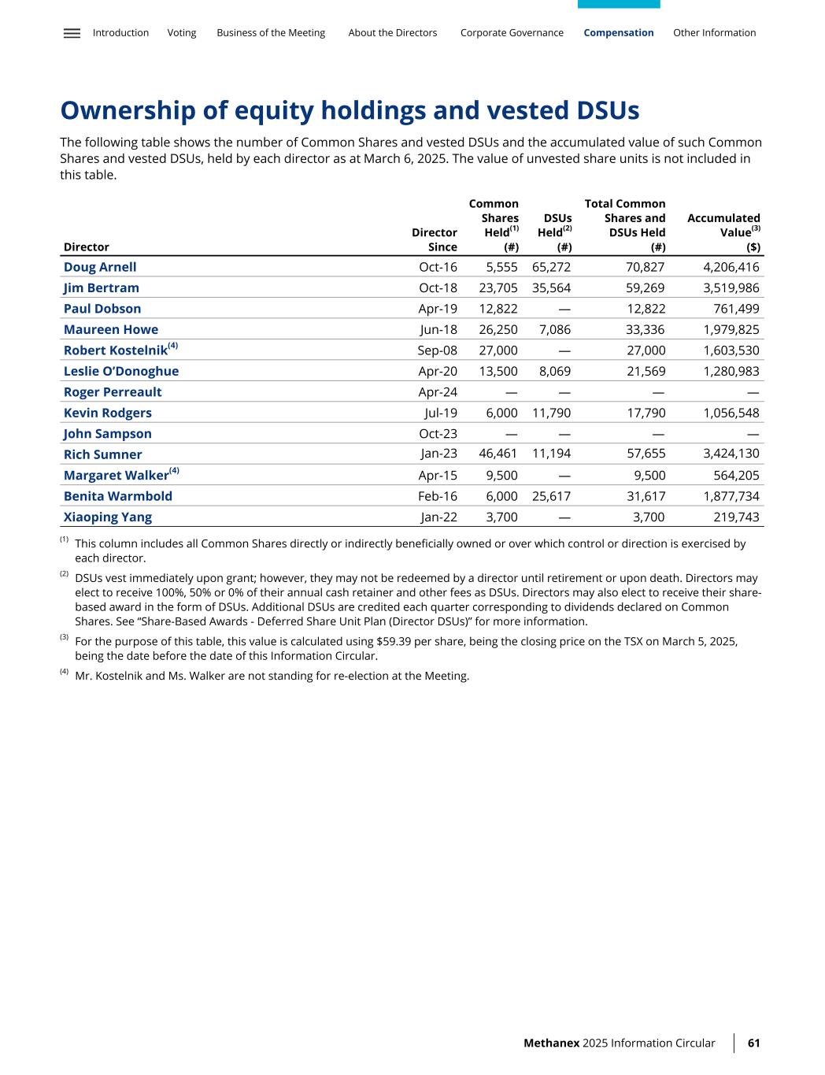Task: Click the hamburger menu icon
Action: (x=72, y=33)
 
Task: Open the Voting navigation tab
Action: (x=182, y=33)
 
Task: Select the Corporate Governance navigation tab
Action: (x=512, y=33)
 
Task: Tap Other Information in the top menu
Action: (x=714, y=33)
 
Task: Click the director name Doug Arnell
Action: (x=100, y=267)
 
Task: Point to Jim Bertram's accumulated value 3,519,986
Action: (x=731, y=288)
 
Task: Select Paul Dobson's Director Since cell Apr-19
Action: (x=438, y=309)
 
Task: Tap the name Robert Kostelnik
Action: (x=116, y=350)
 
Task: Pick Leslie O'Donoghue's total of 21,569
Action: (x=645, y=371)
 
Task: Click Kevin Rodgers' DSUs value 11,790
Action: (x=551, y=413)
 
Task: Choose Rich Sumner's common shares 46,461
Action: (x=498, y=454)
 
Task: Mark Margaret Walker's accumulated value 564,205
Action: (x=735, y=475)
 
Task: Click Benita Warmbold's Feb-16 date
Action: (x=438, y=496)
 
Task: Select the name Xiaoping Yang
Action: (x=108, y=517)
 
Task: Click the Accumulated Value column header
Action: (x=723, y=225)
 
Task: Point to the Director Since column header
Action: (x=435, y=239)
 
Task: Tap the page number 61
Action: (x=753, y=1043)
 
